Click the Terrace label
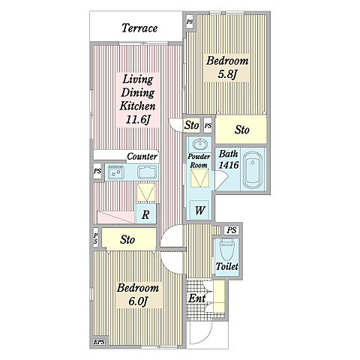point(139,28)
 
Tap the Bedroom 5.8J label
point(227,67)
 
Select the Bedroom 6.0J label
point(138,294)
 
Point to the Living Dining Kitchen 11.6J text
point(137,100)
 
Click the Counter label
point(142,157)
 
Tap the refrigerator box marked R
point(145,214)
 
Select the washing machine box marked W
point(199,210)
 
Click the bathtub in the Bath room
point(253,170)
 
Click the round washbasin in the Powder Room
point(200,144)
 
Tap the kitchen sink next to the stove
point(148,172)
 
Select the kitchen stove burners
point(115,172)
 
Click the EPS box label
point(99,342)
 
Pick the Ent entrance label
point(197,298)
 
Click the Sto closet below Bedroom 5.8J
point(241,130)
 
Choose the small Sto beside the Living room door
point(192,124)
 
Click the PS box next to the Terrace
point(190,22)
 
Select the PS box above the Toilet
point(232,230)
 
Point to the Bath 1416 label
point(229,159)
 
